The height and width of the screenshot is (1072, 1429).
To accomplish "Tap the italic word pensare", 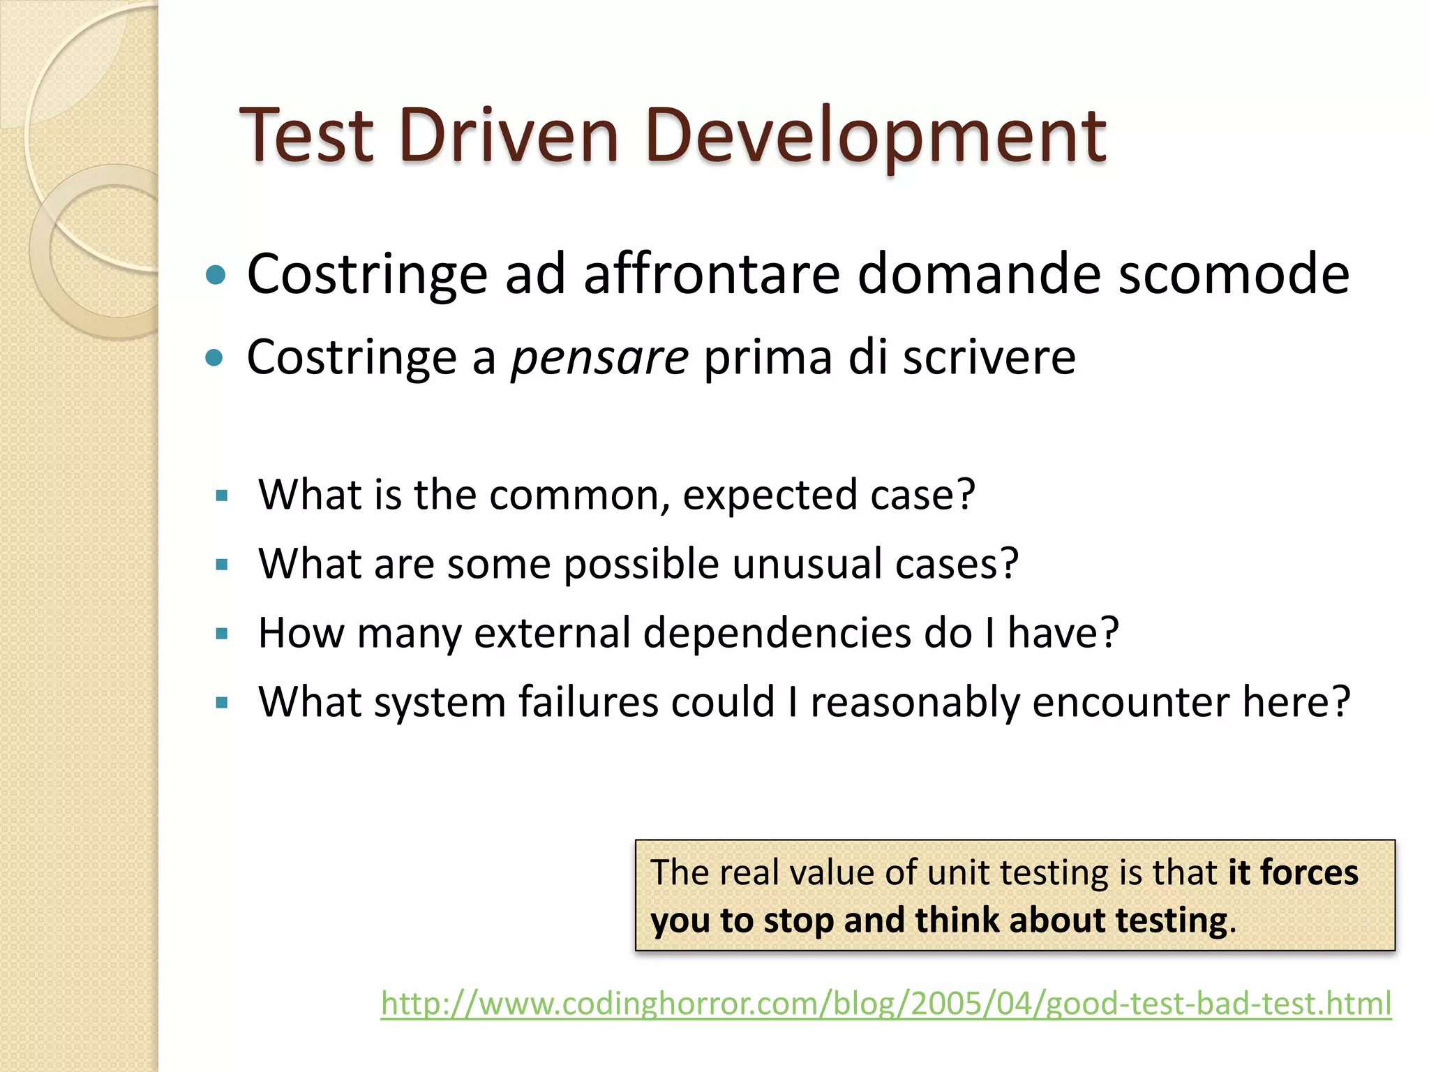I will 599,358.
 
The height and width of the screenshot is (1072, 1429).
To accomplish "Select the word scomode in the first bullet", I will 1233,274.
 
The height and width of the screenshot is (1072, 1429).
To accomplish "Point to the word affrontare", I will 711,274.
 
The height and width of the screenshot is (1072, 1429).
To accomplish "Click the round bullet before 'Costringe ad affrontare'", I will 216,275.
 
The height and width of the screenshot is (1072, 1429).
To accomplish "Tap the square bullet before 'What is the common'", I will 222,496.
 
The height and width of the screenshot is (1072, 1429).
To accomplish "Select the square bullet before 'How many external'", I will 222,634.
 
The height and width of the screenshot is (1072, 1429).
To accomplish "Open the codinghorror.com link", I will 885,1004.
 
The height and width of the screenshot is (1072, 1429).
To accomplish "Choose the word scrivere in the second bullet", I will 989,358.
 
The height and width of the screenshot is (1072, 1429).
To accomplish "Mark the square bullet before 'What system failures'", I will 222,703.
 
